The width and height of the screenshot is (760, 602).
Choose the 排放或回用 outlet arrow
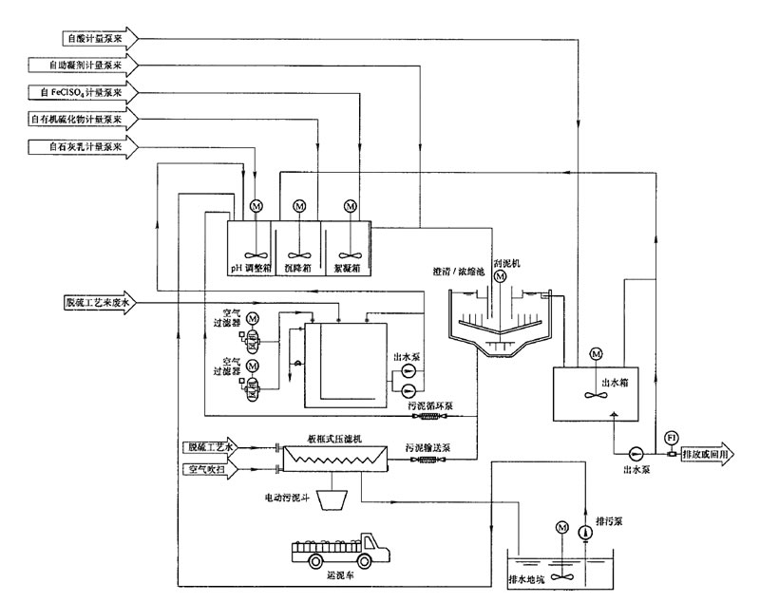tap(703, 453)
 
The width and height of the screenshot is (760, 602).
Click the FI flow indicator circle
tap(672, 437)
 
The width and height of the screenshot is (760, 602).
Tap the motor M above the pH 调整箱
tap(255, 206)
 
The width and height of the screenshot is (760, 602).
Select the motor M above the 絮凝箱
tap(351, 206)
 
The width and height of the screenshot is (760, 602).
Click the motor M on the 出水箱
tap(596, 354)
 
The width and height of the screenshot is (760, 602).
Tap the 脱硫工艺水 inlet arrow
tap(215, 446)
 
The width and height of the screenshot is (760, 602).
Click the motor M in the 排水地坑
tap(561, 526)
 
